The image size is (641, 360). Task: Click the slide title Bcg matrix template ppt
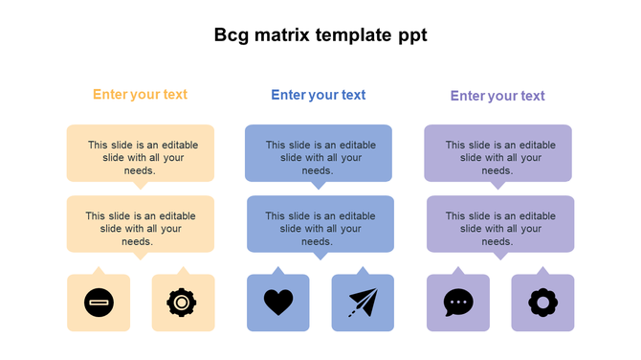[320, 36]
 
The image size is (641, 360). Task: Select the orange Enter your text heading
[140, 95]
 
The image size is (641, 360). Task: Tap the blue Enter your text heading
[319, 95]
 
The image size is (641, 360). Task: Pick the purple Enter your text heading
[497, 96]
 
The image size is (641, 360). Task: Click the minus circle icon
[99, 303]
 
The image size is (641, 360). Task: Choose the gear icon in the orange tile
[182, 303]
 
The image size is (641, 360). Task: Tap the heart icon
[278, 303]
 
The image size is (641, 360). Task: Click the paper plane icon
[363, 303]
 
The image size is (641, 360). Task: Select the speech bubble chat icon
[458, 303]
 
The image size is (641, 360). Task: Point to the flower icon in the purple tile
[542, 303]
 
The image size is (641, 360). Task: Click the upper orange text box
[141, 153]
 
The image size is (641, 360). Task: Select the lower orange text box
[141, 224]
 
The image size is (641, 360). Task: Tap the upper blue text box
[319, 153]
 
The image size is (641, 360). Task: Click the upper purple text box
[498, 153]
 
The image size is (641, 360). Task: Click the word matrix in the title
[285, 36]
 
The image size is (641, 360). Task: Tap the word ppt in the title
[411, 36]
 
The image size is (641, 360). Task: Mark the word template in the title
[354, 36]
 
